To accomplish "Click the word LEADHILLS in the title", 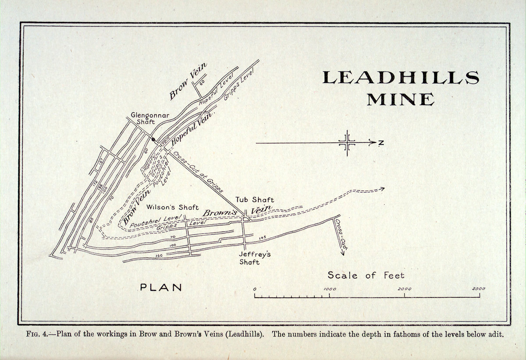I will pyautogui.click(x=400, y=78).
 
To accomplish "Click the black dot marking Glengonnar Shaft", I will pyautogui.click(x=153, y=140).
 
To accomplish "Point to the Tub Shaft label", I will pyautogui.click(x=255, y=200).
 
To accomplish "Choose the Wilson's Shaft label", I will pyautogui.click(x=172, y=208).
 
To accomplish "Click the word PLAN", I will pyautogui.click(x=161, y=288).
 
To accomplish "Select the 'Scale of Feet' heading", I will pyautogui.click(x=366, y=275).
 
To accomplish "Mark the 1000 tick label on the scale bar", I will pyautogui.click(x=329, y=289).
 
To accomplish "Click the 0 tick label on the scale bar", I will pyautogui.click(x=255, y=289).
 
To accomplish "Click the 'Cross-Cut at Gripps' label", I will pyautogui.click(x=197, y=172).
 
